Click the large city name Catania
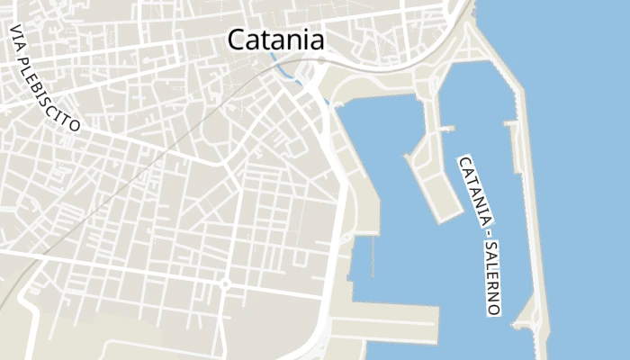(x=275, y=40)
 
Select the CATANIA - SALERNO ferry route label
(x=479, y=235)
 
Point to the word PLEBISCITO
(x=56, y=92)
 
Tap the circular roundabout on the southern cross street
(x=225, y=284)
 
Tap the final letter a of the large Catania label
(x=315, y=40)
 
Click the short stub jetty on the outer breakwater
(x=511, y=124)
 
